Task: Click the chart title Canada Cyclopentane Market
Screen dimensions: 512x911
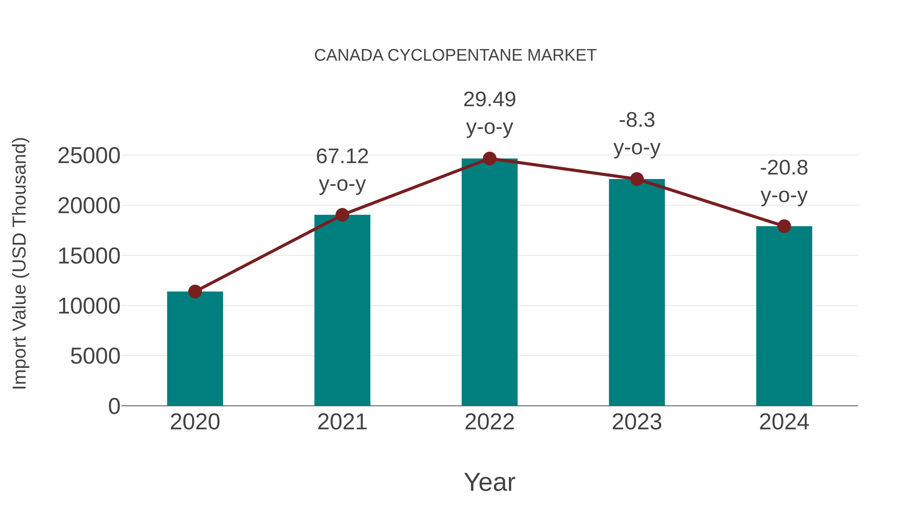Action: pos(455,55)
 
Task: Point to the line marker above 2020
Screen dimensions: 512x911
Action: pos(195,292)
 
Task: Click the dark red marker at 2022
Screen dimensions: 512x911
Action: pos(489,159)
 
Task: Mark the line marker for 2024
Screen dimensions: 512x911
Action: pos(784,226)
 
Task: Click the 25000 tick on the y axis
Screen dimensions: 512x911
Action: pos(89,156)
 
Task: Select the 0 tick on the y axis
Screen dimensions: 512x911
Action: pos(114,406)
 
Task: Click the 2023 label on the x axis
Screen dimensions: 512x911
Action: pos(637,422)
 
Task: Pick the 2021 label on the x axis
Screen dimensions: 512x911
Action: pos(342,422)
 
